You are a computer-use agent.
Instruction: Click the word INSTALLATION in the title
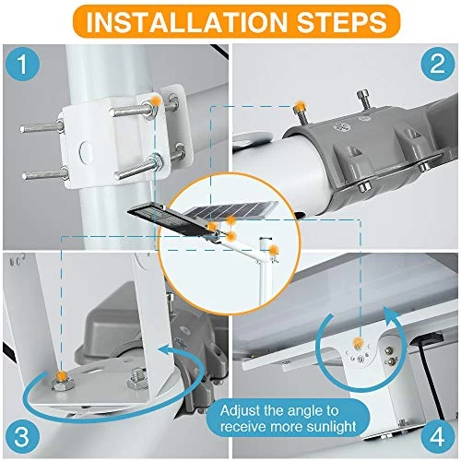187,21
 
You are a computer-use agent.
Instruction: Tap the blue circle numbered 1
23,64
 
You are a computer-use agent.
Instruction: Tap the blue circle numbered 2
437,64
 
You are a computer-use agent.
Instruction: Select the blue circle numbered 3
23,436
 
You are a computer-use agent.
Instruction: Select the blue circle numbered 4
437,436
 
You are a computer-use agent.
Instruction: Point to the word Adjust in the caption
240,410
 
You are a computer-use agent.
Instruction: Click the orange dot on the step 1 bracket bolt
156,100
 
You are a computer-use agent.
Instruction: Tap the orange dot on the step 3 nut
62,375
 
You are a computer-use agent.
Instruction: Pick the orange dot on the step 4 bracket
358,342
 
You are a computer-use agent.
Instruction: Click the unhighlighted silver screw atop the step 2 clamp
364,100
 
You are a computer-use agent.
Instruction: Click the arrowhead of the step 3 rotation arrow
165,350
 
